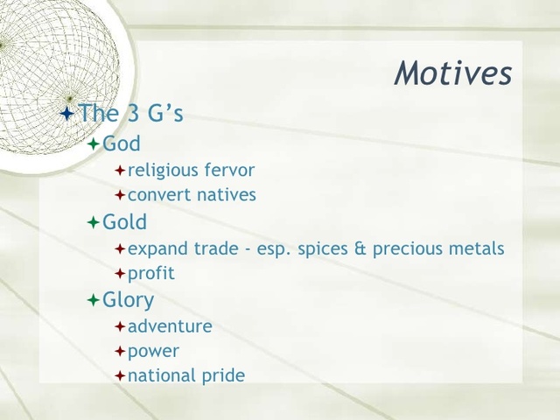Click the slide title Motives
point(453,73)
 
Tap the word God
point(122,143)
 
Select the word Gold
point(125,222)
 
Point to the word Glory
point(128,300)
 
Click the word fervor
point(227,170)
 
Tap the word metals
point(476,248)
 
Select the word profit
point(151,274)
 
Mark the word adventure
point(170,326)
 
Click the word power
point(153,352)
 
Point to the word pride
point(223,377)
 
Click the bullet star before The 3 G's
point(66,114)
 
